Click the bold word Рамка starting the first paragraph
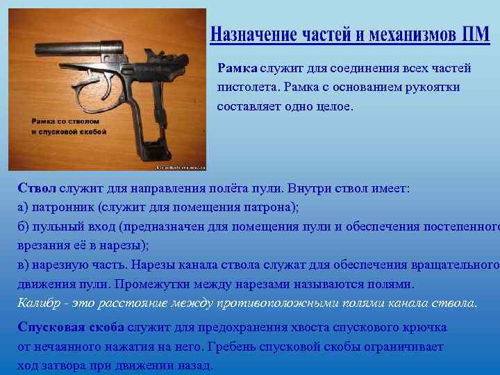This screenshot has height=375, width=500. pos(237,68)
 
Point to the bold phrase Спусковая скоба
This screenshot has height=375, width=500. pos(71,327)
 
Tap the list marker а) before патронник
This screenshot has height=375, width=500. pos(24,207)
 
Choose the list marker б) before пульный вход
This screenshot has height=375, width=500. pos(24,226)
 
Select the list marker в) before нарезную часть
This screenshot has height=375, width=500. pos(24,265)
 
